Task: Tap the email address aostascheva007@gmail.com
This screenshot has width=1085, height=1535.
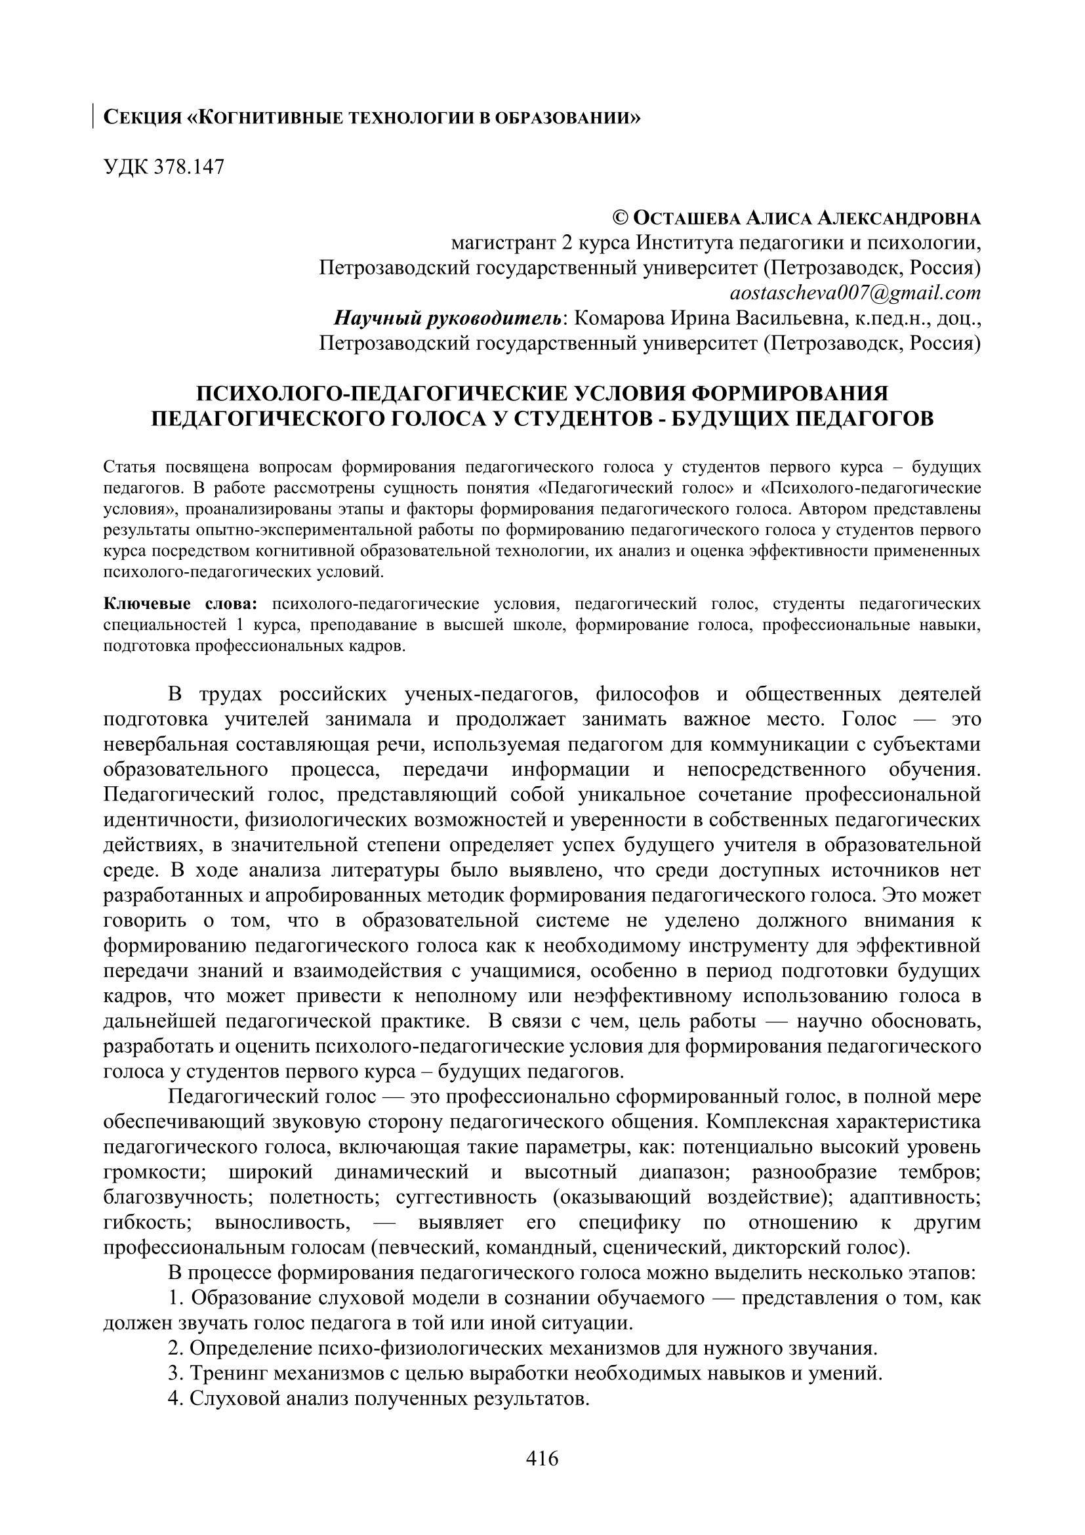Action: tap(855, 293)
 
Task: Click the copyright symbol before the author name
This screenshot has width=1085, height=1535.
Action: tap(621, 218)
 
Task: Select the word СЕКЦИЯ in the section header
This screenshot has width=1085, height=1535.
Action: tap(142, 118)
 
